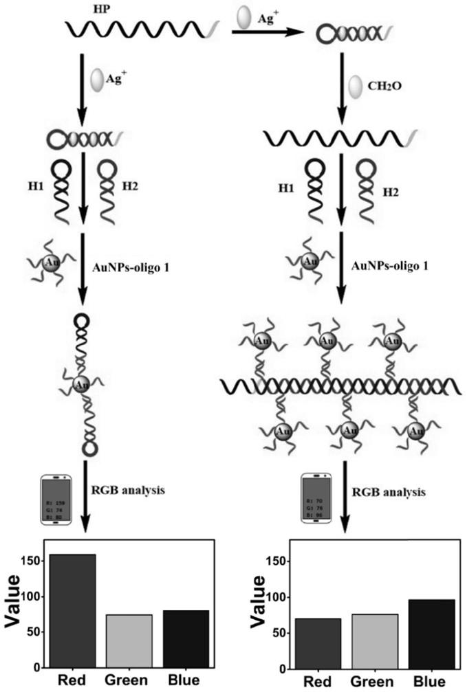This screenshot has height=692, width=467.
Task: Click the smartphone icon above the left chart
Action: pyautogui.click(x=56, y=500)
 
